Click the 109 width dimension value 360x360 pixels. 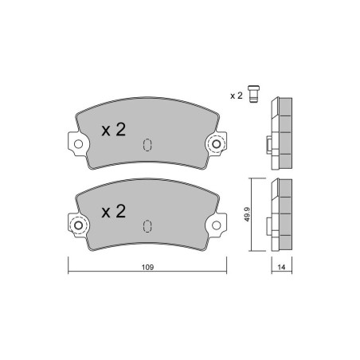[x=147, y=267]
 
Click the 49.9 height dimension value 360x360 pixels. [x=247, y=214]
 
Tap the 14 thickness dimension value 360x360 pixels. [x=281, y=267]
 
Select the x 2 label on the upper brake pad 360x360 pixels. [x=114, y=130]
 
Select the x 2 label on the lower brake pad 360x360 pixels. [x=114, y=211]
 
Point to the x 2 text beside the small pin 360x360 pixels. [x=237, y=96]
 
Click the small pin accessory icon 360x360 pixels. [x=253, y=94]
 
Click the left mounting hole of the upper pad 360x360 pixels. [x=78, y=144]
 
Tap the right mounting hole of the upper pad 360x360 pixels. [x=217, y=144]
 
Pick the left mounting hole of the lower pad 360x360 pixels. [x=78, y=225]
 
